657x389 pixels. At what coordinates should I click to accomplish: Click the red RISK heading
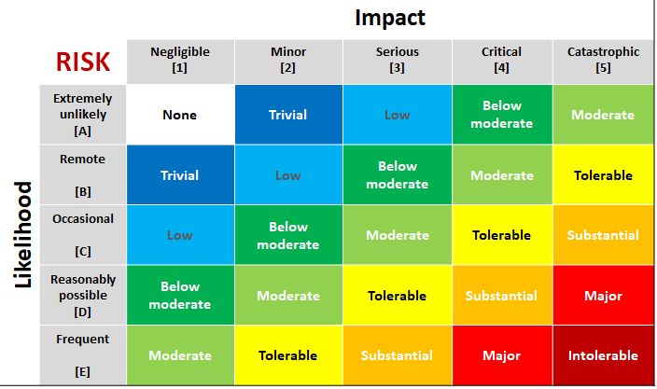82,62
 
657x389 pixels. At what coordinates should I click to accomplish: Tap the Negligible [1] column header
180,60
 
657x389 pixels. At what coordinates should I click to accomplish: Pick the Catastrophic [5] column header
603,60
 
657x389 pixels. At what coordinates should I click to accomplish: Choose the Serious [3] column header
398,60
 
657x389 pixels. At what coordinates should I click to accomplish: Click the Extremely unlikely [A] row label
82,115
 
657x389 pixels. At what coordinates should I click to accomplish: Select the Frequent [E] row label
82,354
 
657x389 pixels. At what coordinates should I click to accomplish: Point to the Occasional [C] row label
82,235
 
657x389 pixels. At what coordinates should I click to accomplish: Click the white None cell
180,115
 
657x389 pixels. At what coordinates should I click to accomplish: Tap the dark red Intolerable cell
603,355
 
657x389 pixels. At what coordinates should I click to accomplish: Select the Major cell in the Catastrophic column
603,296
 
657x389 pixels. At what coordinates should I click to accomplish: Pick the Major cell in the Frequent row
501,355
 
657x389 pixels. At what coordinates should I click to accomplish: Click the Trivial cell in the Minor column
288,115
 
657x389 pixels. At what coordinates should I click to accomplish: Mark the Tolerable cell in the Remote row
603,175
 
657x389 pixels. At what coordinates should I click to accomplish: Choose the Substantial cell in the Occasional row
603,235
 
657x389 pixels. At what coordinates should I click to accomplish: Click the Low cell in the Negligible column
180,235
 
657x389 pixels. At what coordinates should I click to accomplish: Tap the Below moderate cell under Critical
501,115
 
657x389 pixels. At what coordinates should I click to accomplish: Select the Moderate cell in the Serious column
398,235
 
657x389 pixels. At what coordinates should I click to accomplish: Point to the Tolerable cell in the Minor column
288,355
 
